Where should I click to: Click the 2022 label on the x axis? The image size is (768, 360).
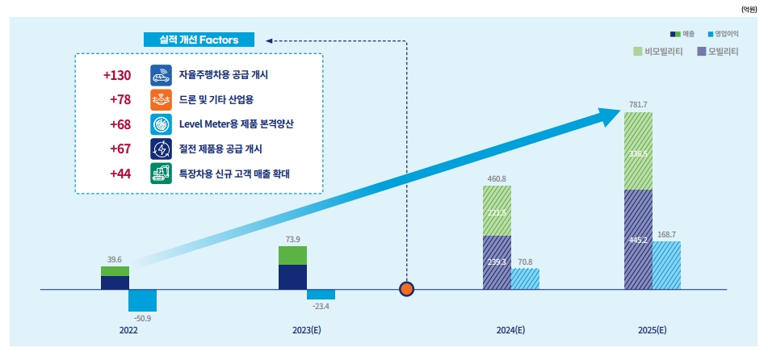click(128, 330)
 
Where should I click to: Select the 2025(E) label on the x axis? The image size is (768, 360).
click(651, 330)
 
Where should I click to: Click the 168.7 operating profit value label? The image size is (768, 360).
click(666, 234)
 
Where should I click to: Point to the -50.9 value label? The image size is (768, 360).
click(142, 319)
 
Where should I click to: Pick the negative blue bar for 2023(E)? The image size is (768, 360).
click(321, 294)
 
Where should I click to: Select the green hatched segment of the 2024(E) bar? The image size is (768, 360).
click(497, 211)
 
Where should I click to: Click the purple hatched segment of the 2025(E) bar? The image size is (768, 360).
click(638, 240)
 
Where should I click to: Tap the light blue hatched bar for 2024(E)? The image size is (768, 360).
click(525, 278)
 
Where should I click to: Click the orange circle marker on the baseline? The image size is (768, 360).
click(407, 289)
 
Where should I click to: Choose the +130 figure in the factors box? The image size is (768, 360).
click(117, 75)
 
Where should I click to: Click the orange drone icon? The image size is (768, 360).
click(161, 100)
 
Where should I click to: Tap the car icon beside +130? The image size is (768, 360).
click(161, 75)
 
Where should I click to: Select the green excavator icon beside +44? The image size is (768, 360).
click(161, 173)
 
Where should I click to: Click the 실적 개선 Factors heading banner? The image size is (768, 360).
click(199, 39)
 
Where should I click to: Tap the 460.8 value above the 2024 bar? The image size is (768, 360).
click(496, 178)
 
